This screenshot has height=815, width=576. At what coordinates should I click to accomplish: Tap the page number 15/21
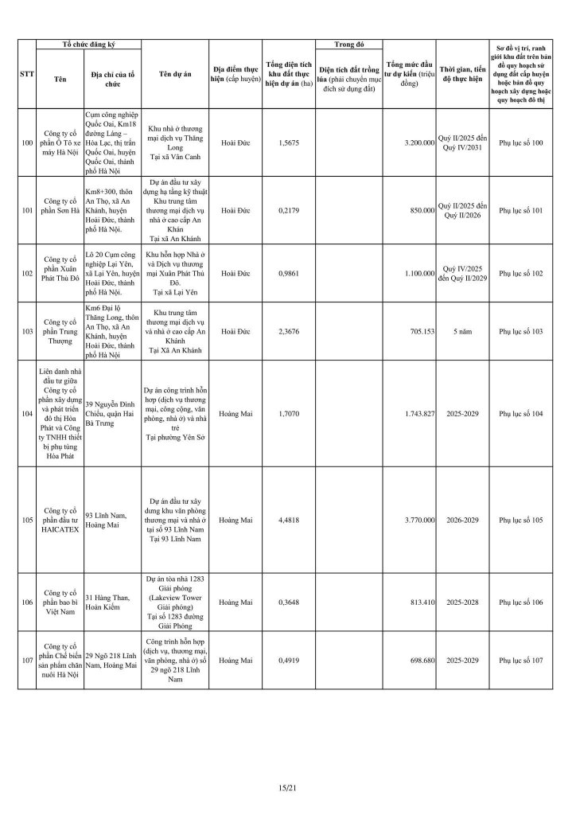[287, 788]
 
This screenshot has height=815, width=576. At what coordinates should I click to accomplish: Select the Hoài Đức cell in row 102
[235, 273]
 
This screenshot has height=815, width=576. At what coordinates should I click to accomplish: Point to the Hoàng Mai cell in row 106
[235, 602]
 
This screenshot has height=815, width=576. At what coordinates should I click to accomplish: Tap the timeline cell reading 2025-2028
[461, 602]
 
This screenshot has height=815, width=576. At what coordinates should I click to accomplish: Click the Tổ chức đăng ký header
[88, 45]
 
